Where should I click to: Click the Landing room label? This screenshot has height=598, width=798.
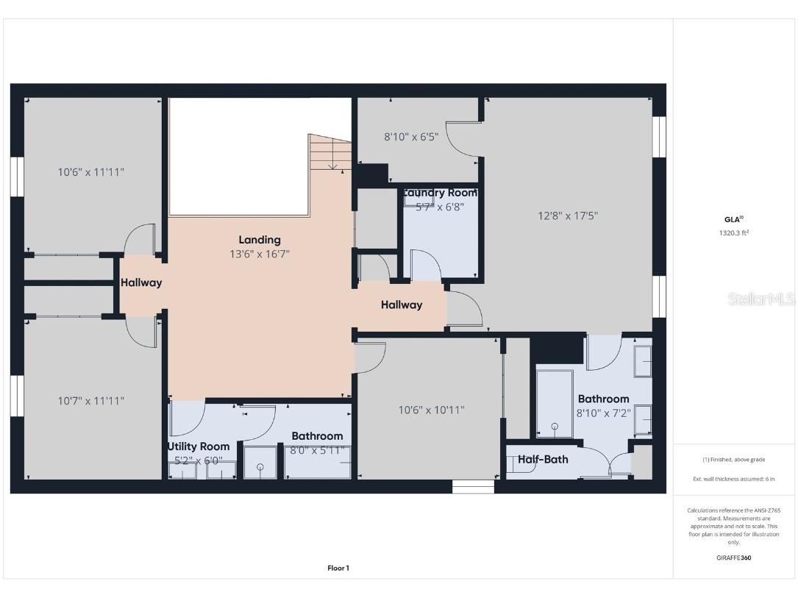pyautogui.click(x=259, y=240)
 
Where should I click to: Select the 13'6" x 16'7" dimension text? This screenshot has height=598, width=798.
pyautogui.click(x=259, y=254)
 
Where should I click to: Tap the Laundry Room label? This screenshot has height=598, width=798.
pyautogui.click(x=440, y=193)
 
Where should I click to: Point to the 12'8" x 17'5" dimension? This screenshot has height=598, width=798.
pyautogui.click(x=568, y=216)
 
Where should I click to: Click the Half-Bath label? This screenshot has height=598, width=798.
pyautogui.click(x=542, y=460)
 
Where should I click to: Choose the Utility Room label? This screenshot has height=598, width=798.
pyautogui.click(x=199, y=446)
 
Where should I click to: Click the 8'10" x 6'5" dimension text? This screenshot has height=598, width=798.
pyautogui.click(x=411, y=136)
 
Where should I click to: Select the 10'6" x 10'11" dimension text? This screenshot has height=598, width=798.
pyautogui.click(x=431, y=410)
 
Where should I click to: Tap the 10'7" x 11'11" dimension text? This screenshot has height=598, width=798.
pyautogui.click(x=91, y=401)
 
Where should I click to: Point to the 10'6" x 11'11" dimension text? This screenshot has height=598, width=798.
pyautogui.click(x=91, y=172)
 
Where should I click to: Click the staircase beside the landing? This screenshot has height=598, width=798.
pyautogui.click(x=330, y=153)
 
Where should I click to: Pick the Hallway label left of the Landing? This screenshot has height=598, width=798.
pyautogui.click(x=141, y=282)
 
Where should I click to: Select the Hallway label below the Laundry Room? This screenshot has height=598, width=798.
pyautogui.click(x=402, y=305)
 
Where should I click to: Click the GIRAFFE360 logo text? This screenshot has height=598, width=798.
pyautogui.click(x=734, y=558)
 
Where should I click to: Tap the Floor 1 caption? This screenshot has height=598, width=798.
pyautogui.click(x=338, y=568)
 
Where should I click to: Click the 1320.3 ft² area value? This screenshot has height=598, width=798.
pyautogui.click(x=734, y=232)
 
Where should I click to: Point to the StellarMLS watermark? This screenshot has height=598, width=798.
pyautogui.click(x=761, y=299)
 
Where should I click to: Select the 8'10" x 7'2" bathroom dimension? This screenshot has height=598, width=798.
pyautogui.click(x=603, y=413)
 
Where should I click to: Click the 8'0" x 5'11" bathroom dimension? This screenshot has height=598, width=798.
pyautogui.click(x=317, y=450)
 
